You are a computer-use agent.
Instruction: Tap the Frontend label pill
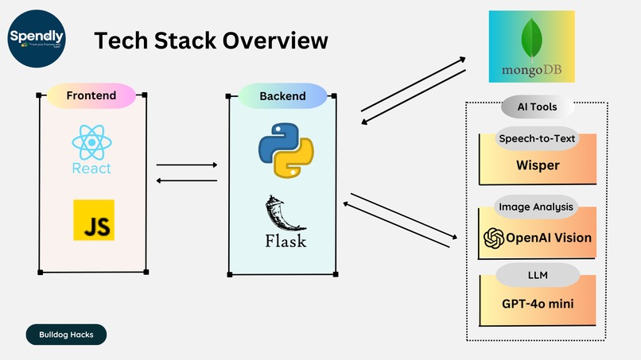91,96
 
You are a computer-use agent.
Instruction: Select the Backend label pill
282,96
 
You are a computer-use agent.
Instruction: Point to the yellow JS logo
94,219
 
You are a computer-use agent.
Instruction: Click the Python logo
286,151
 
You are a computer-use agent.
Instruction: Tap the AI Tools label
538,106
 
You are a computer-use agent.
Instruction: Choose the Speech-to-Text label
537,138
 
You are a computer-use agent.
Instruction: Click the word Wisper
537,166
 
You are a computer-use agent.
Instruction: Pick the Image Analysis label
536,207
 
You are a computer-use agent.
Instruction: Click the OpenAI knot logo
495,238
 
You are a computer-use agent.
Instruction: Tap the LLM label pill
537,276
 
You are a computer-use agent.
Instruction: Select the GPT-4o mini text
538,304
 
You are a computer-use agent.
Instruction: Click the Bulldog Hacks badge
66,335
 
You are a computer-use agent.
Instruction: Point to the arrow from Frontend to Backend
188,165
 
